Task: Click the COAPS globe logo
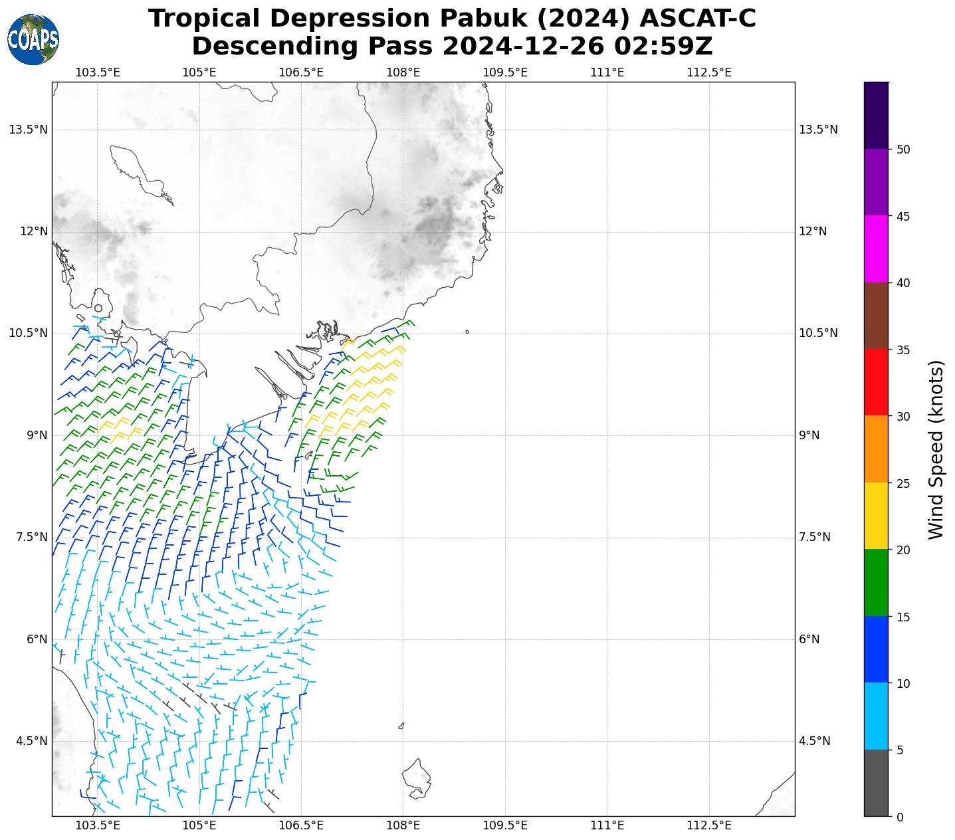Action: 33,40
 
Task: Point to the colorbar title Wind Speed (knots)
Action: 936,450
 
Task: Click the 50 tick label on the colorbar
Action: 902,150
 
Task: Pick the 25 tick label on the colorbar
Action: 902,483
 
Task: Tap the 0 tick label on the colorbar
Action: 900,817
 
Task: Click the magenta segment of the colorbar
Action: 876,249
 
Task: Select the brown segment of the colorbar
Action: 876,316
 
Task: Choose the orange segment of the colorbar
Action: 876,449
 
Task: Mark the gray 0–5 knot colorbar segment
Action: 876,783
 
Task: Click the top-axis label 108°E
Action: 403,72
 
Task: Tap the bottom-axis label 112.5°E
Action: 709,826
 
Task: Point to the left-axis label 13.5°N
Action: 29,130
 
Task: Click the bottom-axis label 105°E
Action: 199,826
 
